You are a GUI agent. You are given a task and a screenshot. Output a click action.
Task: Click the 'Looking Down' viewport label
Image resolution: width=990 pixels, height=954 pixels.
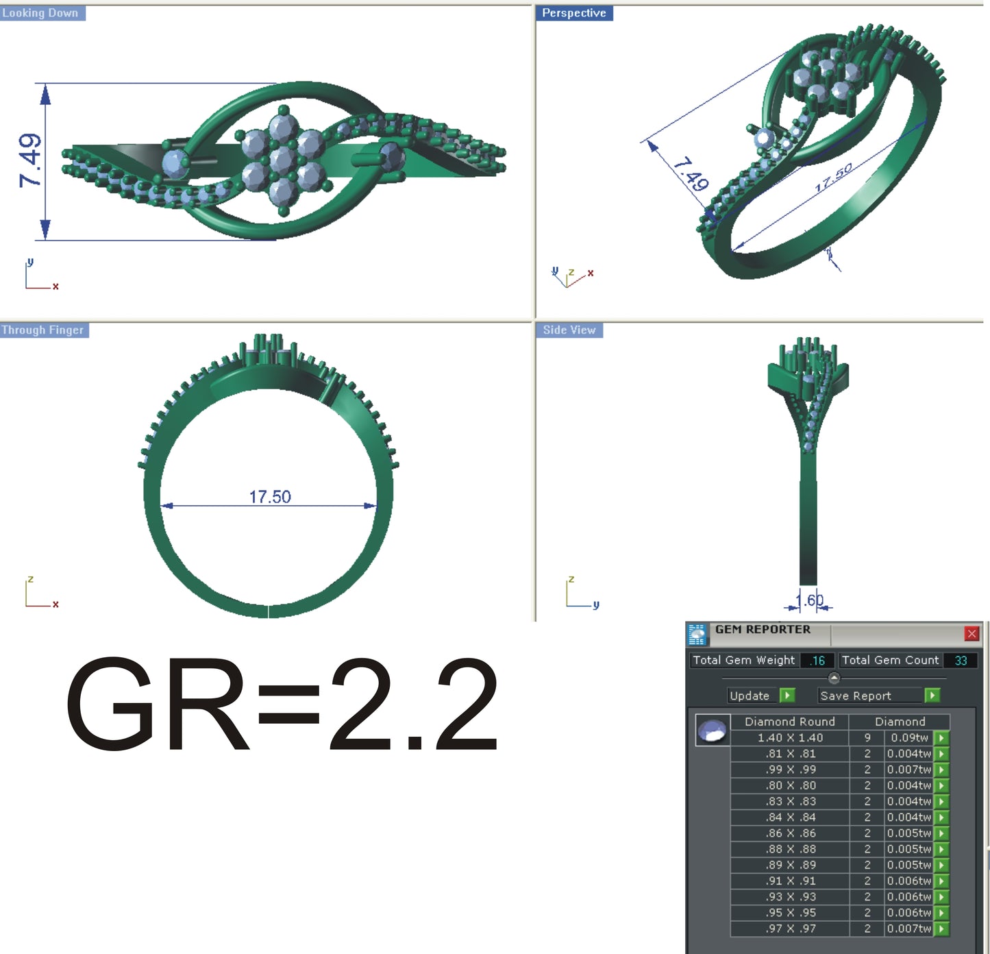[x=40, y=13]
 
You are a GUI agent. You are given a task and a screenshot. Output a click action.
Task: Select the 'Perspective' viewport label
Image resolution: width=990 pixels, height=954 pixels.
[x=573, y=13]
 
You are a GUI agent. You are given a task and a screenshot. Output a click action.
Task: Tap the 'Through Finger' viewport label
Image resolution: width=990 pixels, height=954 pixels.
[x=42, y=330]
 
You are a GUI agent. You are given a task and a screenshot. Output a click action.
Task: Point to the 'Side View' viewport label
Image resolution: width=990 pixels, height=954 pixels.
[x=569, y=330]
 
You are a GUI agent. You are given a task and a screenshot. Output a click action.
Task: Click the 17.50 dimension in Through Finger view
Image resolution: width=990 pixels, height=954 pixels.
[x=270, y=497]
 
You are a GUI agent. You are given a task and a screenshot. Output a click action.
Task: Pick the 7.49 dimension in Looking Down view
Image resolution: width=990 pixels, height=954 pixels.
[x=30, y=160]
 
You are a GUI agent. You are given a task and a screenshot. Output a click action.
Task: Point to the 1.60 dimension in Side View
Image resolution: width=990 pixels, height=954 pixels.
[x=810, y=600]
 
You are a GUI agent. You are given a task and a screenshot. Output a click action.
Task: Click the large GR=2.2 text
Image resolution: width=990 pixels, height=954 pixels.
[x=282, y=705]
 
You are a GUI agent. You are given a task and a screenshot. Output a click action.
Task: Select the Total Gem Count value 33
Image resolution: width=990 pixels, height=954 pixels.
[x=961, y=661]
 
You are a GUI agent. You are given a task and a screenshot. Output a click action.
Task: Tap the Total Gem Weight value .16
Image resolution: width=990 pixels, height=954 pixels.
[x=817, y=661]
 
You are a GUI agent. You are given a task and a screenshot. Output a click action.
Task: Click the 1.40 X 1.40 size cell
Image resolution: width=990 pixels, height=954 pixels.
[x=790, y=738]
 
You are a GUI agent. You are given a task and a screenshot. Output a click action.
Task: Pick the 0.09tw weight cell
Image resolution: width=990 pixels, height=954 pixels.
[x=909, y=738]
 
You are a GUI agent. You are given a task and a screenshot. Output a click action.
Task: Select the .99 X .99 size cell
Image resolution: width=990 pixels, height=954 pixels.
[x=790, y=770]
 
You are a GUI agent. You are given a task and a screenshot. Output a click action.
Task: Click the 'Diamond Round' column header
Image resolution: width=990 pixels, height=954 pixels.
[x=790, y=722]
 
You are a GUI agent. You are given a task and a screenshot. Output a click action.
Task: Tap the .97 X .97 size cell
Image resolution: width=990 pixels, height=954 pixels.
[x=790, y=929]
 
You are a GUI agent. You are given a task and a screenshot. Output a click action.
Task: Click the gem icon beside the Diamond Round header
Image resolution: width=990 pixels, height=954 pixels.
[x=712, y=731]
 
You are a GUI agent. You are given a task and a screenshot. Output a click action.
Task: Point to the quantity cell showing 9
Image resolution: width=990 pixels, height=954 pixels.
[x=867, y=738]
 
